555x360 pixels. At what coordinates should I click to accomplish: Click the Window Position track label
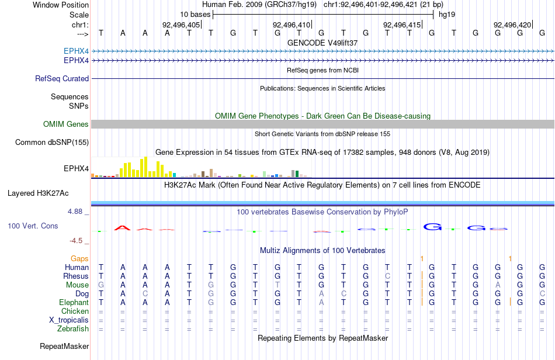pyautogui.click(x=61, y=5)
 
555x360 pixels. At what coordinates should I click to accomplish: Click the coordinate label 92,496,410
pyautogui.click(x=292, y=25)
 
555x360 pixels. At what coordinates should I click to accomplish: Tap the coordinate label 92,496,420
pyautogui.click(x=512, y=25)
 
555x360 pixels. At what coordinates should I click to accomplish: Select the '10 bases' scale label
pyautogui.click(x=195, y=15)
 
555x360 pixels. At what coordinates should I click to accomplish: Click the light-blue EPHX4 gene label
pyautogui.click(x=76, y=51)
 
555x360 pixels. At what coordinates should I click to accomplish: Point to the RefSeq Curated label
pyautogui.click(x=62, y=78)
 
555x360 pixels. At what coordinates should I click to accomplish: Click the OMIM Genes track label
pyautogui.click(x=66, y=124)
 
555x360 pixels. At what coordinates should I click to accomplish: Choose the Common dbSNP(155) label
pyautogui.click(x=52, y=142)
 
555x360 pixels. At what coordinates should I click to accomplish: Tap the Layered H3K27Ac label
pyautogui.click(x=38, y=193)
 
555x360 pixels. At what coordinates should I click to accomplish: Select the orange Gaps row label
pyautogui.click(x=79, y=259)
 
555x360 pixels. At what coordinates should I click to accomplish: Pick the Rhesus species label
pyautogui.click(x=76, y=276)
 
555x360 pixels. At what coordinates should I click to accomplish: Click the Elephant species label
pyautogui.click(x=74, y=303)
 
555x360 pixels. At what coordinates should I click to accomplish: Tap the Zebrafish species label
pyautogui.click(x=73, y=329)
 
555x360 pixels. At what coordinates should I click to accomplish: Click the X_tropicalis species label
pyautogui.click(x=69, y=320)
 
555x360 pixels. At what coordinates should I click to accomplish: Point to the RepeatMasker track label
pyautogui.click(x=64, y=346)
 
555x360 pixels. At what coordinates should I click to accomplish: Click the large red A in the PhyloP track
pyautogui.click(x=123, y=228)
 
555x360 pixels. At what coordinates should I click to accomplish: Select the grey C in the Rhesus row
pyautogui.click(x=387, y=276)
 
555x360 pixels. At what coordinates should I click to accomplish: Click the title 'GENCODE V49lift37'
pyautogui.click(x=322, y=43)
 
